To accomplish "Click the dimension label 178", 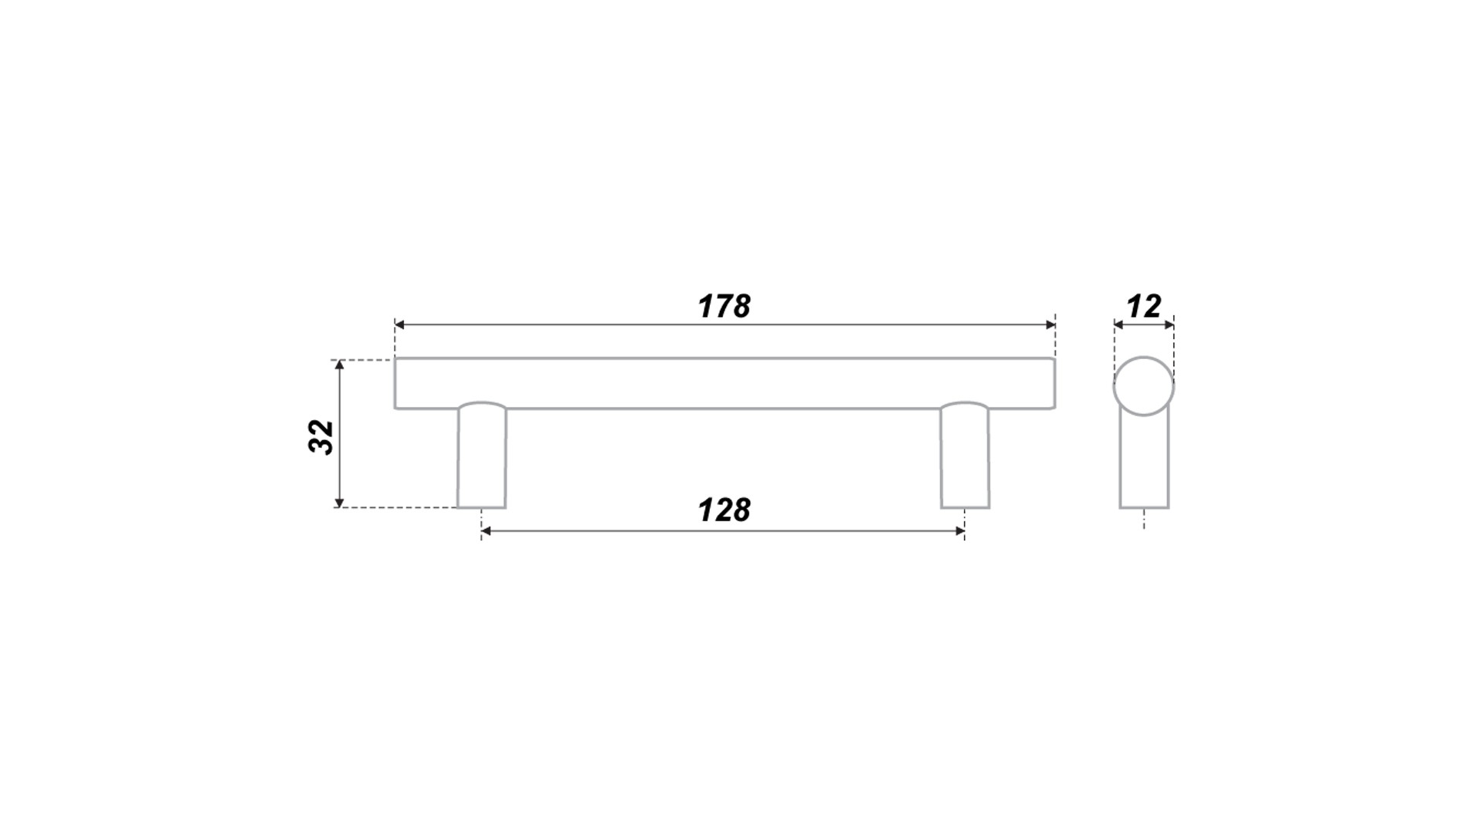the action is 724,307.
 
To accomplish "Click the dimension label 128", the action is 724,510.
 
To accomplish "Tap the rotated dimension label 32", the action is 321,437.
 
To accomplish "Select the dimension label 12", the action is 1144,307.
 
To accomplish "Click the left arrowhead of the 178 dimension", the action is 399,325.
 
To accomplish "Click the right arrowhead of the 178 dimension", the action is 1051,325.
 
